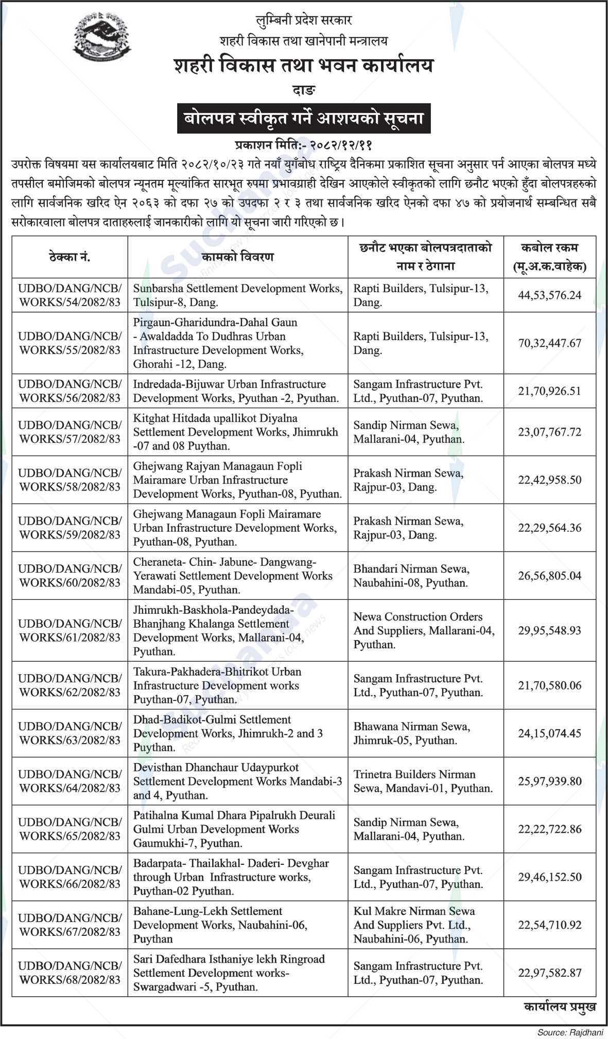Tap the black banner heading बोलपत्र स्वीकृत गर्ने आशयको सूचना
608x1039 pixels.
coord(304,119)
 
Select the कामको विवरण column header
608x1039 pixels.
coord(238,257)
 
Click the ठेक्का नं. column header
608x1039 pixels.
coord(70,257)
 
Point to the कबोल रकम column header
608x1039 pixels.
coord(549,257)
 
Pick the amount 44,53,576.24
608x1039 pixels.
coord(549,295)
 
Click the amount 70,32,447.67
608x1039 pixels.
coord(549,343)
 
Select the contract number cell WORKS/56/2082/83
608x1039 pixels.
coord(70,391)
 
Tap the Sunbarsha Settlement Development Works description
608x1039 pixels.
coord(238,295)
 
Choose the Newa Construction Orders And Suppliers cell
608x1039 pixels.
coord(424,630)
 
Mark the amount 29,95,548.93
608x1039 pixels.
coord(549,630)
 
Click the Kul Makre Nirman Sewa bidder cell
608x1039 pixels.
coord(414,925)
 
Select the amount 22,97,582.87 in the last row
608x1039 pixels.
coord(549,973)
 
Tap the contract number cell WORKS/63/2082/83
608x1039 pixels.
coord(70,733)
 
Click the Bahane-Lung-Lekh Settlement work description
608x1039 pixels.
coord(220,925)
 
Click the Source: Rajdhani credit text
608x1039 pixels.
coord(570,1033)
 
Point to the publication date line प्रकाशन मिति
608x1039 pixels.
coord(304,146)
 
